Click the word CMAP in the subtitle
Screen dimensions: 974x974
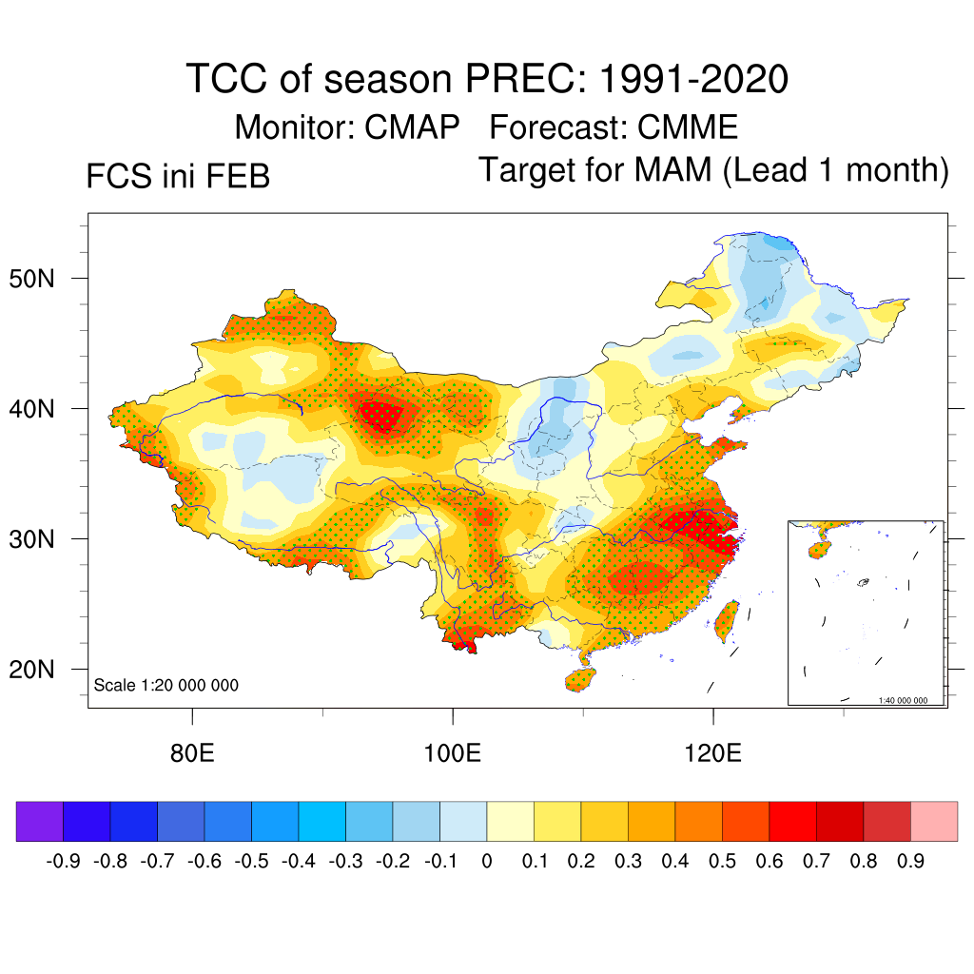point(414,127)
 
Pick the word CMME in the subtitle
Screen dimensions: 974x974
point(688,127)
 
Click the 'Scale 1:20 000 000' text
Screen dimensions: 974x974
point(166,685)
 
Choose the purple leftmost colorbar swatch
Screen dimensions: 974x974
point(40,821)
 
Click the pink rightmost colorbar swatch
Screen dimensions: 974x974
point(934,821)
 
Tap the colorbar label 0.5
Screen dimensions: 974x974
point(722,861)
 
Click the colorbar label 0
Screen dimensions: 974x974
point(487,861)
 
